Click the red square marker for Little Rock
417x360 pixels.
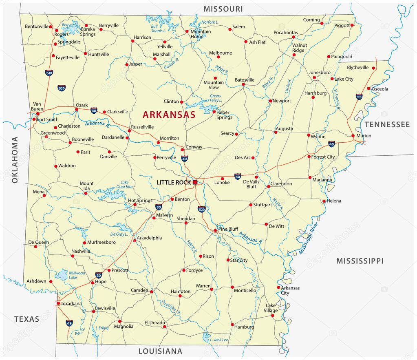coord(195,182)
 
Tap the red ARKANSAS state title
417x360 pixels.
coord(169,115)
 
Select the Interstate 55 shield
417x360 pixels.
coord(359,97)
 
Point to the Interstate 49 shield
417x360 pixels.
coord(69,323)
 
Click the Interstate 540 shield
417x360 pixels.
coord(49,73)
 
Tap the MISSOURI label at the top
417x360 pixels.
coord(223,9)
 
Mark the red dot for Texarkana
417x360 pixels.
coord(58,303)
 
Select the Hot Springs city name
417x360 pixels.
coord(140,200)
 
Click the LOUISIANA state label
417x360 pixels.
coord(160,351)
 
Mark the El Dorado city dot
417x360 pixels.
coord(164,327)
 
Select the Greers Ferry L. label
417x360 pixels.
coord(216,98)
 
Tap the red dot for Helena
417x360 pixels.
coord(324,201)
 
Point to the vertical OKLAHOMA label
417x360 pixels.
coord(15,159)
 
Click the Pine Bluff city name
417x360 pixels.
coord(228,229)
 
